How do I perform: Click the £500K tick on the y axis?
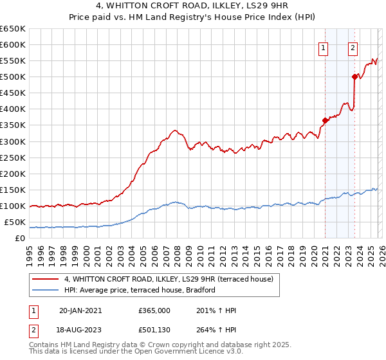click(12, 77)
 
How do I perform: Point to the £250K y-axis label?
click(12, 157)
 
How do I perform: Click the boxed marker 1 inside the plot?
click(322, 46)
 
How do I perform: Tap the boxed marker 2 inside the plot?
click(353, 46)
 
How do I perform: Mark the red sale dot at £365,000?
click(325, 120)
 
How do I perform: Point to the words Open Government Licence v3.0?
click(191, 353)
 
